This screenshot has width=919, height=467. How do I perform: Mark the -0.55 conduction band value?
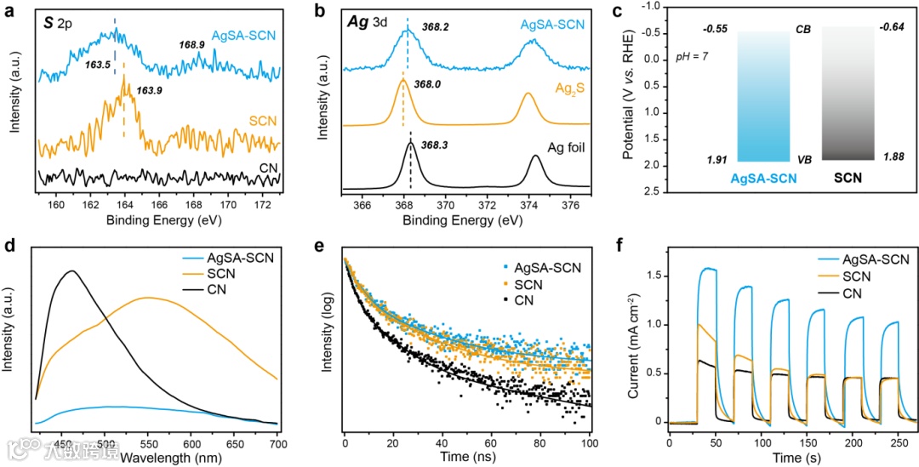point(716,30)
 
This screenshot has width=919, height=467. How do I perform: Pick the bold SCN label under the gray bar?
point(848,179)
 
